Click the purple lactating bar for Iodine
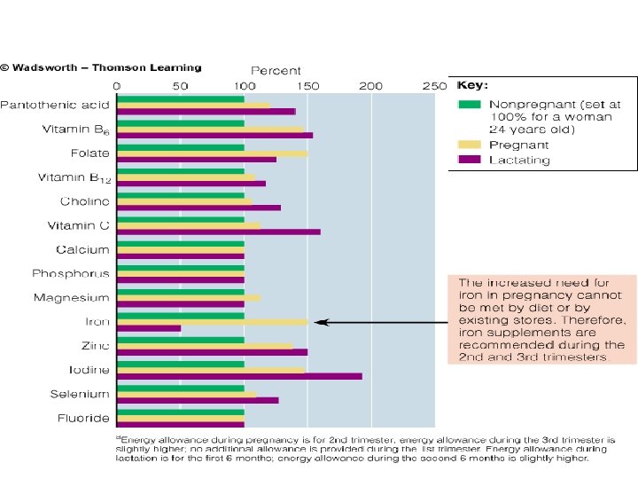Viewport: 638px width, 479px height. click(x=239, y=376)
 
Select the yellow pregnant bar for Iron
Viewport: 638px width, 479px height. click(x=213, y=322)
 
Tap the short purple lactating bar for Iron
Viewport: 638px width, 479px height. click(x=149, y=328)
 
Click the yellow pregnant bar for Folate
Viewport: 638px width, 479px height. click(x=213, y=153)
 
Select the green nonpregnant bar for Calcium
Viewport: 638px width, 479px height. click(x=181, y=243)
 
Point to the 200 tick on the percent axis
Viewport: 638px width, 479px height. click(x=370, y=85)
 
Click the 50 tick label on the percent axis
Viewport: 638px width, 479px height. click(x=181, y=85)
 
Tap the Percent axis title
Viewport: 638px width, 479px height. click(x=276, y=70)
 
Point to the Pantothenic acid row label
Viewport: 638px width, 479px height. click(x=55, y=106)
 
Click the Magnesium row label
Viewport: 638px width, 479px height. click(x=72, y=298)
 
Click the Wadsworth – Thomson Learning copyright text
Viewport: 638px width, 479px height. click(x=101, y=67)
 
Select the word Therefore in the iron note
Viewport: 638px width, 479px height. click(x=601, y=320)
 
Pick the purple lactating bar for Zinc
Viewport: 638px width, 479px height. click(x=213, y=352)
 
